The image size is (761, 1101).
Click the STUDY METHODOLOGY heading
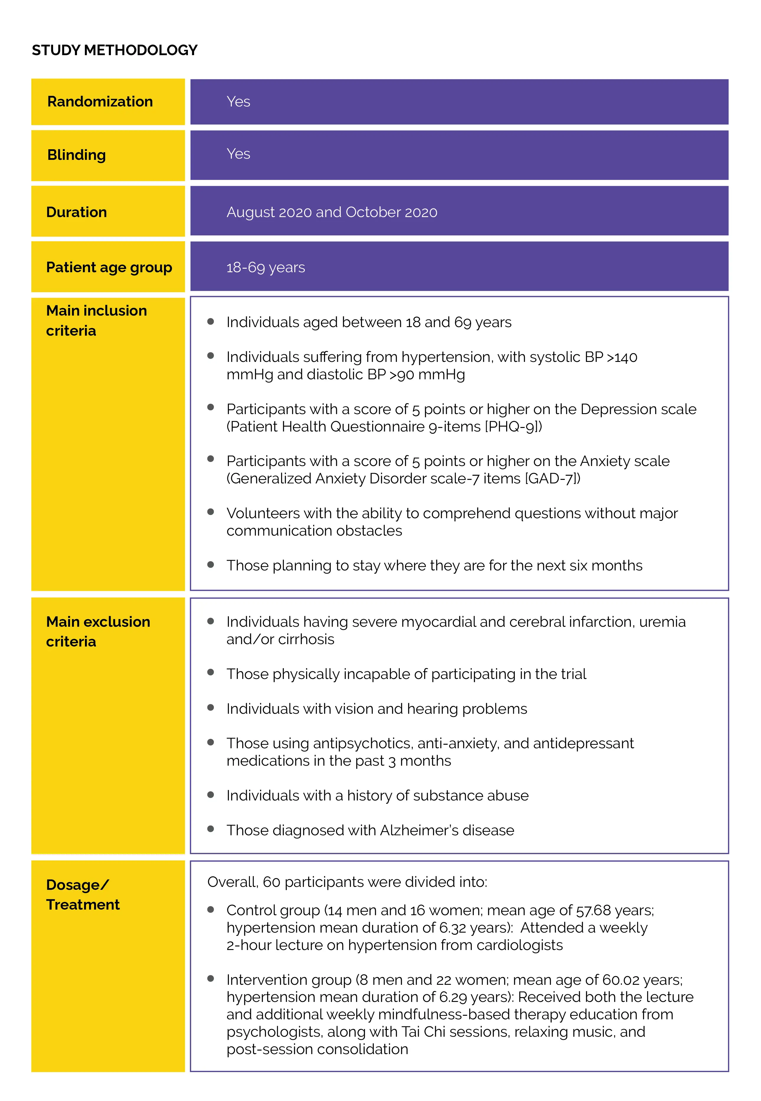tap(114, 50)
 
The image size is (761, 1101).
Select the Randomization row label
tap(100, 101)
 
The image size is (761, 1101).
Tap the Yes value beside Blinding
tap(238, 154)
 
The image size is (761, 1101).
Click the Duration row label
tap(76, 212)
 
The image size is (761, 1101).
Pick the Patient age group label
tap(109, 268)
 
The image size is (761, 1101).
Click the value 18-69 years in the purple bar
tap(265, 268)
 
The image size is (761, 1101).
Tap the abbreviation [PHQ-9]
tap(513, 426)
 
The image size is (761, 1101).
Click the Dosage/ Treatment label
tap(83, 895)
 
